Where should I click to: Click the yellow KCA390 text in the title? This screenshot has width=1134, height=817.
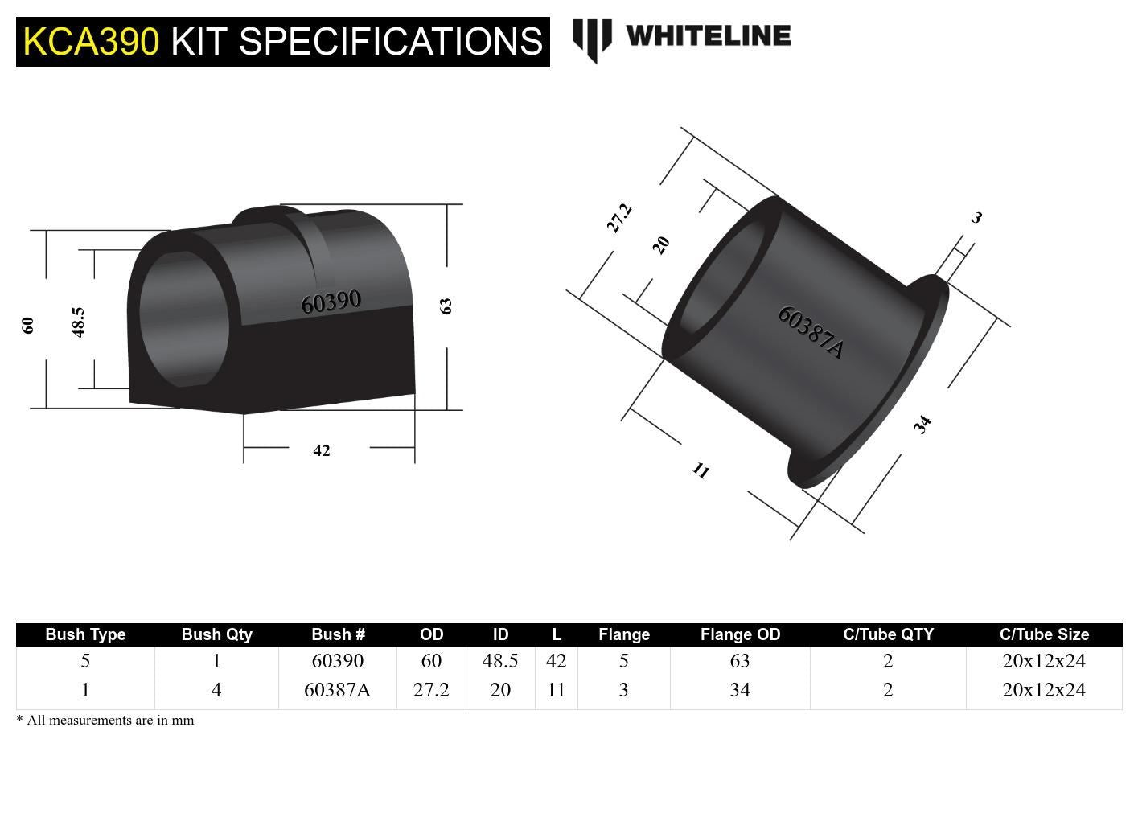(x=91, y=42)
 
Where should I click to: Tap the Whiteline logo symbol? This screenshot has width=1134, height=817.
(x=592, y=40)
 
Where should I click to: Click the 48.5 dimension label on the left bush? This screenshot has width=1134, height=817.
(x=79, y=322)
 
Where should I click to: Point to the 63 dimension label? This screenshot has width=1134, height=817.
(x=446, y=306)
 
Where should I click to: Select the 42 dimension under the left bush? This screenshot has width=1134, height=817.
(x=322, y=450)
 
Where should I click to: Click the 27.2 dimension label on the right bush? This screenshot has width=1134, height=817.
(x=619, y=218)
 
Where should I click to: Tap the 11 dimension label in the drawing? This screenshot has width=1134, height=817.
(x=701, y=470)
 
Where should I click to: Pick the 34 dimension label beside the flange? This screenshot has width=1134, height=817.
(x=922, y=425)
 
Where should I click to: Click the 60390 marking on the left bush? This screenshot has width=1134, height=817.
(x=331, y=302)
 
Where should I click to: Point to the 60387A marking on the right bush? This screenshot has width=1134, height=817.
(x=811, y=333)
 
